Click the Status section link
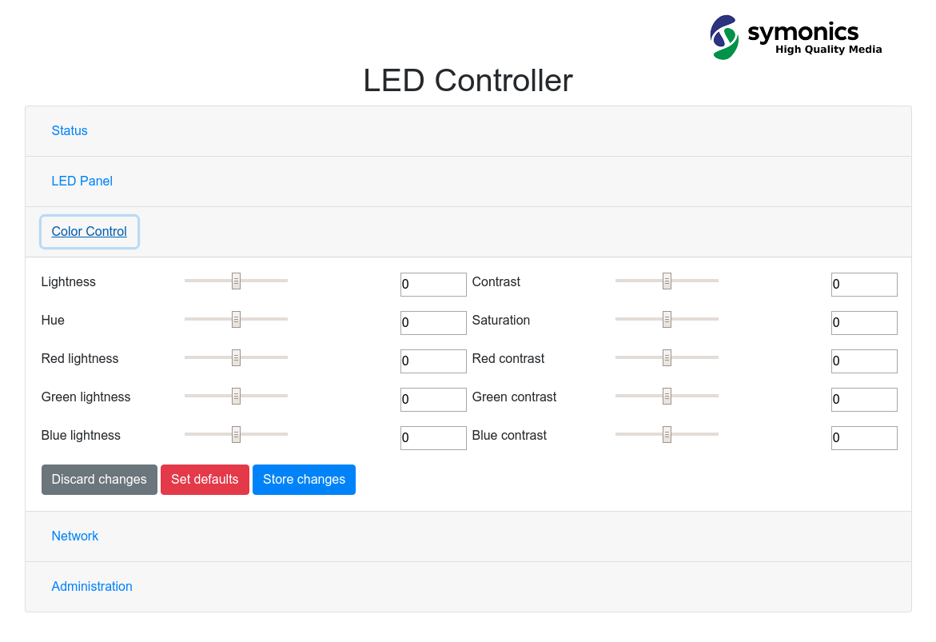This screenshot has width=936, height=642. pyautogui.click(x=70, y=130)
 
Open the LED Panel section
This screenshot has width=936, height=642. pyautogui.click(x=82, y=181)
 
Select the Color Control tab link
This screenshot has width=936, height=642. pyautogui.click(x=89, y=231)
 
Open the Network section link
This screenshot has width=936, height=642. pyautogui.click(x=75, y=536)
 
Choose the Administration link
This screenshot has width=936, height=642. pyautogui.click(x=92, y=586)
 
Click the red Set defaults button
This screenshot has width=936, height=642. pyautogui.click(x=205, y=480)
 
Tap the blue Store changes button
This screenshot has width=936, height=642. pyautogui.click(x=304, y=480)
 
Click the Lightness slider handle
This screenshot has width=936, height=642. pyautogui.click(x=236, y=281)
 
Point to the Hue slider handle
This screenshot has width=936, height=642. pyautogui.click(x=236, y=319)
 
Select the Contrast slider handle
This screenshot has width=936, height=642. pyautogui.click(x=667, y=281)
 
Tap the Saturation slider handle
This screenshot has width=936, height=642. pyautogui.click(x=667, y=319)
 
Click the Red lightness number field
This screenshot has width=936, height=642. pyautogui.click(x=433, y=361)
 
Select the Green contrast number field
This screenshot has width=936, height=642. pyautogui.click(x=864, y=400)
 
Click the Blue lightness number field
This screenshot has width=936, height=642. pyautogui.click(x=433, y=438)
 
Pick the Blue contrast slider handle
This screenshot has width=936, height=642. pyautogui.click(x=667, y=434)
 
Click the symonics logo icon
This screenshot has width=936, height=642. pyautogui.click(x=724, y=38)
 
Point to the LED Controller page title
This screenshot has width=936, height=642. pyautogui.click(x=468, y=81)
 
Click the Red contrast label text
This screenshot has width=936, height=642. pyautogui.click(x=508, y=358)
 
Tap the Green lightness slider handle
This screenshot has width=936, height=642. pyautogui.click(x=236, y=396)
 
